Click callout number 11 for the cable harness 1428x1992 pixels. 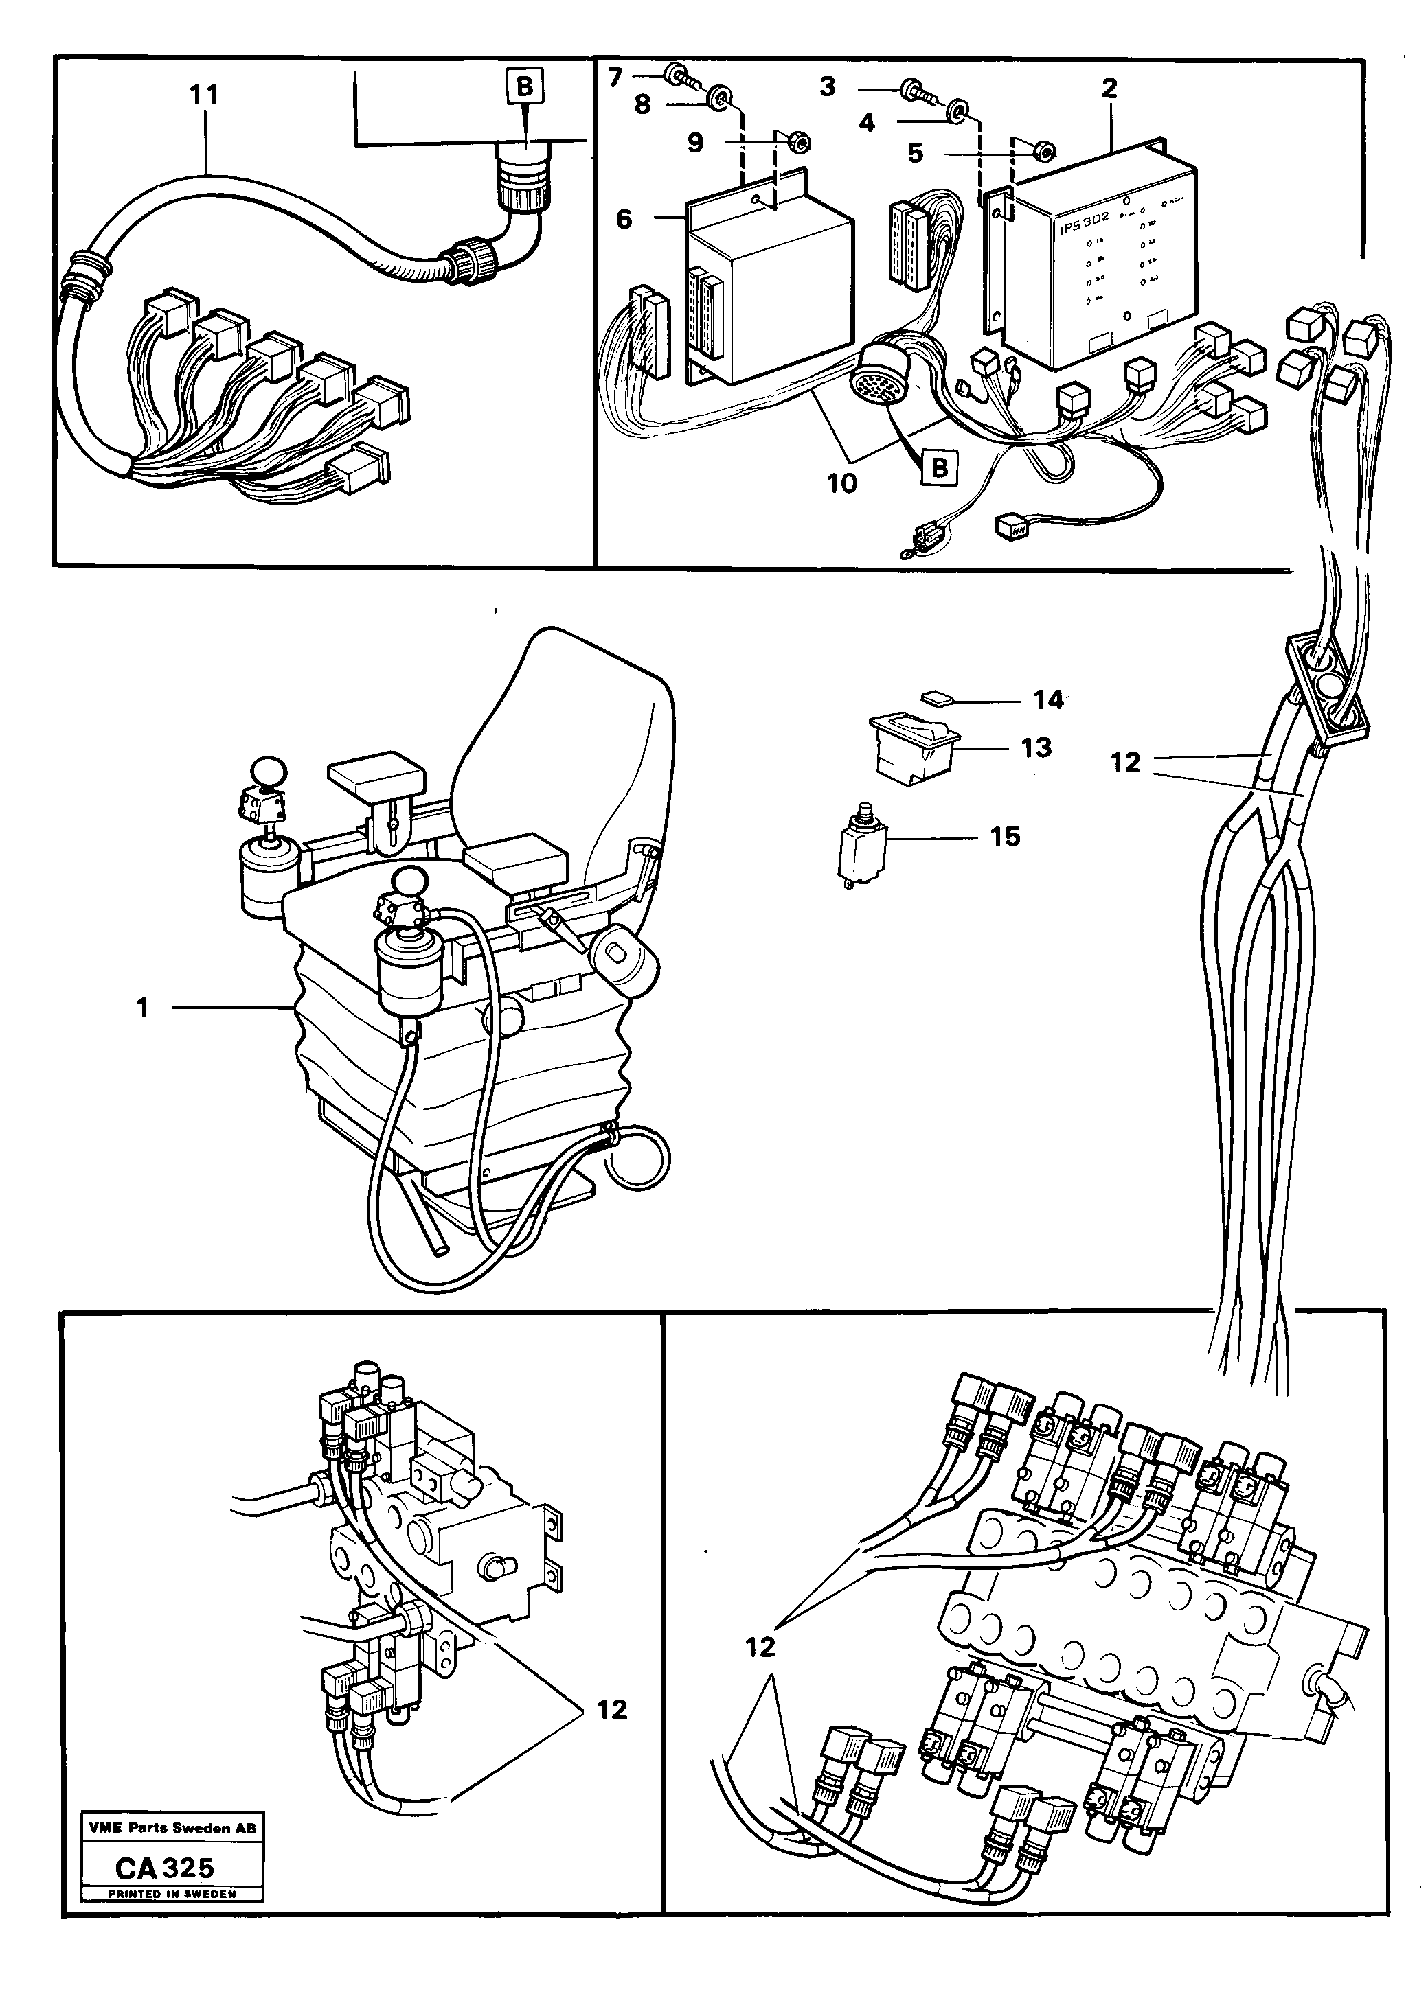pyautogui.click(x=204, y=95)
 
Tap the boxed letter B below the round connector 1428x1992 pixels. pyautogui.click(x=940, y=467)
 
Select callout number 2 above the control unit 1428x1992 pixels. pyautogui.click(x=1109, y=88)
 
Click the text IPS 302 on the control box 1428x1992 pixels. pyautogui.click(x=1083, y=218)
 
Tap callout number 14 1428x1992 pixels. pyautogui.click(x=1048, y=700)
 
